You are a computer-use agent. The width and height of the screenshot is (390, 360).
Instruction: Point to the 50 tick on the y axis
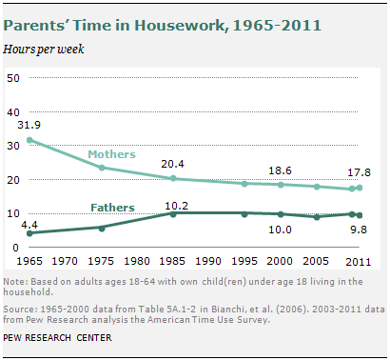(x=15, y=78)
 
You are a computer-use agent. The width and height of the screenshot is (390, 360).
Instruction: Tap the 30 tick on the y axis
(x=15, y=146)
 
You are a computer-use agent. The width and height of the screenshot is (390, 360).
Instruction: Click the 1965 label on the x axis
(x=30, y=260)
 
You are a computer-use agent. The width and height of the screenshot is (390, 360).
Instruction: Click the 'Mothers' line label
(x=111, y=153)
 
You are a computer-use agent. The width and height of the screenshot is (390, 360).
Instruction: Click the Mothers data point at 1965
(x=30, y=140)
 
